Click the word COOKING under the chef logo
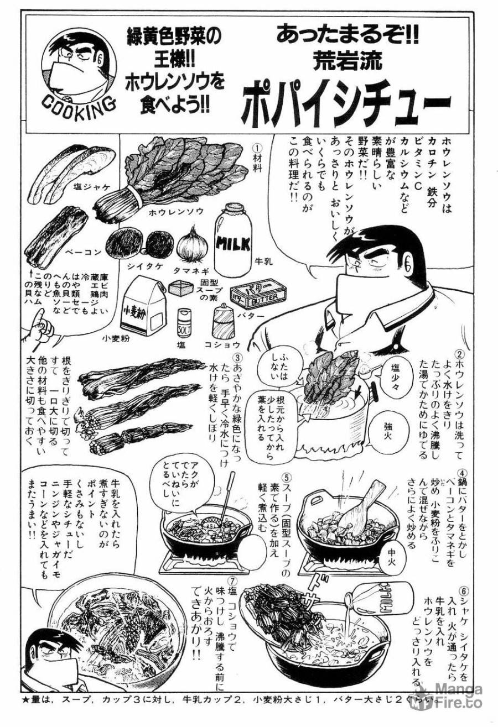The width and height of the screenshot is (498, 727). (78, 102)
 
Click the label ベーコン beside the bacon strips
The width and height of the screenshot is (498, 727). (83, 253)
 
